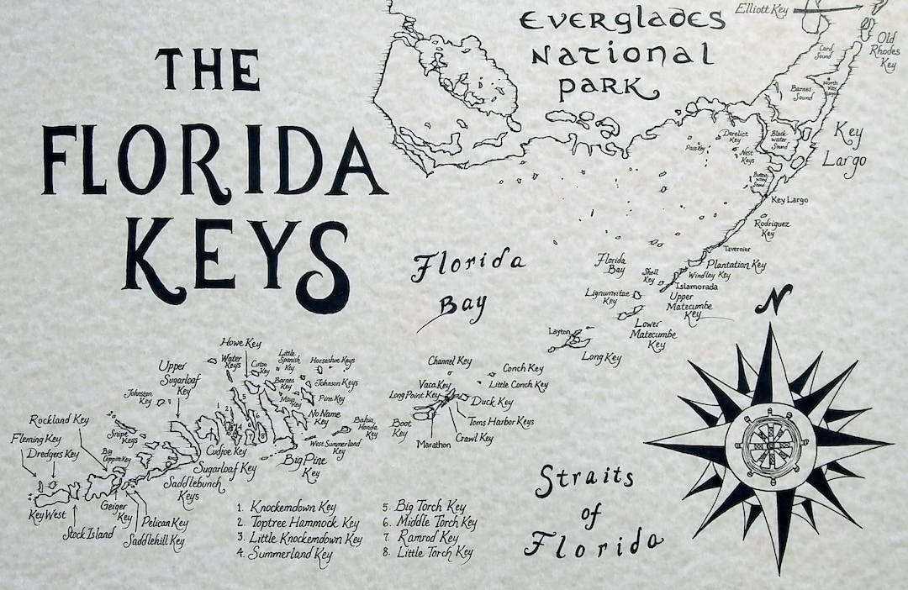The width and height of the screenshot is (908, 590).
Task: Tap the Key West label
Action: [47, 515]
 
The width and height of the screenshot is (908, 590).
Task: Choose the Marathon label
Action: [433, 444]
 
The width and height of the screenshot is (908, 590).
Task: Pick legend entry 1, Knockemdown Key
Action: [287, 507]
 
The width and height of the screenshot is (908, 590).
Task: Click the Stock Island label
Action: [88, 533]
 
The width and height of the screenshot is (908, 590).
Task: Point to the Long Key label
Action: [601, 358]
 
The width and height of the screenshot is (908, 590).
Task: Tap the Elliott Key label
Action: [760, 9]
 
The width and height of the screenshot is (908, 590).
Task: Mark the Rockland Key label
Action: [59, 419]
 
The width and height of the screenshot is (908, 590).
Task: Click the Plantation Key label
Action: [736, 265]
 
